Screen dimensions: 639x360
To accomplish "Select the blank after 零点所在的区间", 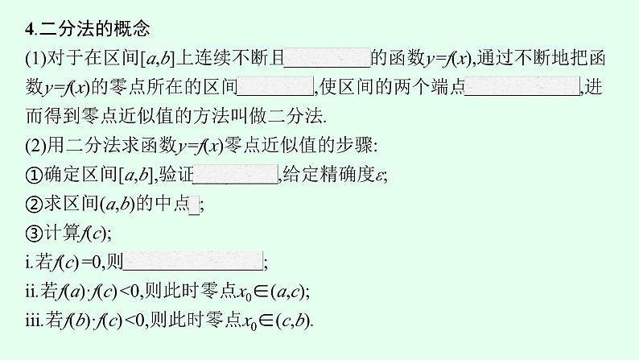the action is click(276, 86).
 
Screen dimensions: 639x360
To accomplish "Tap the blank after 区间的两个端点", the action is click(522, 86).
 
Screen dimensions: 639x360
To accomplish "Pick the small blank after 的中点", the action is click(193, 205).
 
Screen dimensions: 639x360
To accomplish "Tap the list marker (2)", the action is click(38, 146).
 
